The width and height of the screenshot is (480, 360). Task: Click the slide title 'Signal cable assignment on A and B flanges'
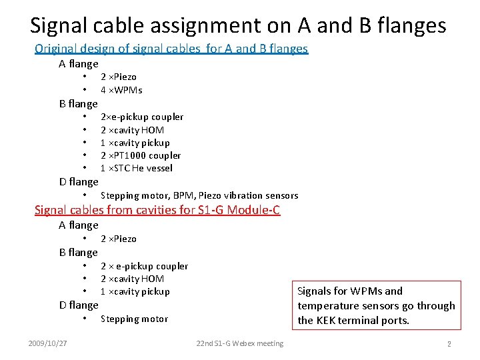tap(238, 25)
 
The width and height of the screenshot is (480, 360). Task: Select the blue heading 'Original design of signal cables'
tap(171, 49)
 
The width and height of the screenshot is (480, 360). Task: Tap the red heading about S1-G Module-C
tap(157, 211)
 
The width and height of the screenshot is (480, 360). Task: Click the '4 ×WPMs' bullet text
tap(121, 90)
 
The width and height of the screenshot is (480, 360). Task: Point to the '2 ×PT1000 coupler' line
tap(141, 155)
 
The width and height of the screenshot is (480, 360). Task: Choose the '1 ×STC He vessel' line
tap(136, 168)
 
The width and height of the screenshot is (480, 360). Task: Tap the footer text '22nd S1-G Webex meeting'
tap(239, 343)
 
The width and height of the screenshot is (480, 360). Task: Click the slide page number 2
tap(449, 344)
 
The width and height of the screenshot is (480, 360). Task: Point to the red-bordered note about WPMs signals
tap(376, 305)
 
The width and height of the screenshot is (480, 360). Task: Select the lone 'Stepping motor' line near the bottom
tap(134, 319)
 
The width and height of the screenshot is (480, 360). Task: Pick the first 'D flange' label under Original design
tap(79, 182)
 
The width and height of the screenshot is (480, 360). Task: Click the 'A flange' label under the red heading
tap(79, 225)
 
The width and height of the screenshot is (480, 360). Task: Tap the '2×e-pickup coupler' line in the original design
tap(142, 117)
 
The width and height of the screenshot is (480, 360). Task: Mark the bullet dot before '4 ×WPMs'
tap(85, 90)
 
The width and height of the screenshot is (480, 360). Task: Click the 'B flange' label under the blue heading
tap(79, 103)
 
